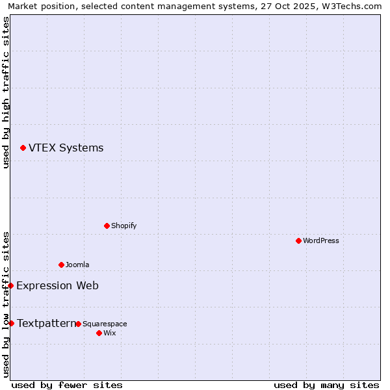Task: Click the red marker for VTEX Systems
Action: pyautogui.click(x=23, y=148)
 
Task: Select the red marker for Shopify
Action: pyautogui.click(x=107, y=226)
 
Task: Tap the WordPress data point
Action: pyautogui.click(x=298, y=240)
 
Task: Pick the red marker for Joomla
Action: pyautogui.click(x=61, y=265)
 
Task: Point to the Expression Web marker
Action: pyautogui.click(x=11, y=285)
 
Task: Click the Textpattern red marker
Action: pyautogui.click(x=11, y=323)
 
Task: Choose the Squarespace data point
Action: pyautogui.click(x=78, y=324)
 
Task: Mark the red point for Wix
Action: pyautogui.click(x=99, y=333)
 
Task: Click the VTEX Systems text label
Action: pyautogui.click(x=66, y=148)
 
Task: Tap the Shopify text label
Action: pyautogui.click(x=123, y=226)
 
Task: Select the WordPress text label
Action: pyautogui.click(x=320, y=240)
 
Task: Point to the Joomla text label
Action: pyautogui.click(x=77, y=265)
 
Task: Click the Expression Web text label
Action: pyautogui.click(x=57, y=285)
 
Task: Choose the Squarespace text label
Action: pyautogui.click(x=105, y=324)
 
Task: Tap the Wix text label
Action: pyautogui.click(x=109, y=333)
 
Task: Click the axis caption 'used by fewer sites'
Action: pyautogui.click(x=67, y=385)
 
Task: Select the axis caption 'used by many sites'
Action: pyautogui.click(x=326, y=385)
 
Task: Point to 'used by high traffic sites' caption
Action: pyautogui.click(x=6, y=92)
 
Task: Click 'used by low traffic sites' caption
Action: pyautogui.click(x=6, y=304)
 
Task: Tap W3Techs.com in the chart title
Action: pyautogui.click(x=352, y=6)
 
